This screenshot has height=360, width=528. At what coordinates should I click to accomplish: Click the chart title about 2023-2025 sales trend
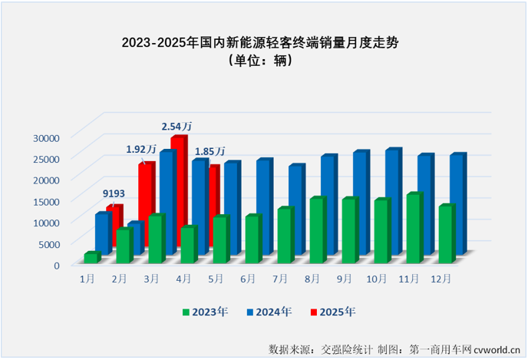tap(263, 44)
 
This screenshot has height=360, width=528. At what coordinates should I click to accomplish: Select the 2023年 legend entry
tap(203, 312)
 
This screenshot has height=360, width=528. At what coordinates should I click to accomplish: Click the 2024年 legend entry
tap(269, 312)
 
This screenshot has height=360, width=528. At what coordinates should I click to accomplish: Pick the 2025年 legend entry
tap(332, 312)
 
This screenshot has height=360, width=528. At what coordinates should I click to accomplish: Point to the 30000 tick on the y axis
tap(45, 138)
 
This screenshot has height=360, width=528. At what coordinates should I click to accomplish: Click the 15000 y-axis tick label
tap(45, 202)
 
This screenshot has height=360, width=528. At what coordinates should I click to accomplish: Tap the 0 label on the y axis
tap(56, 266)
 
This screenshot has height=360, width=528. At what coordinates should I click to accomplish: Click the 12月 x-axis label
tap(442, 276)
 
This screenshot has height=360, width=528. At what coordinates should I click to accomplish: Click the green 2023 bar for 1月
tap(91, 258)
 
